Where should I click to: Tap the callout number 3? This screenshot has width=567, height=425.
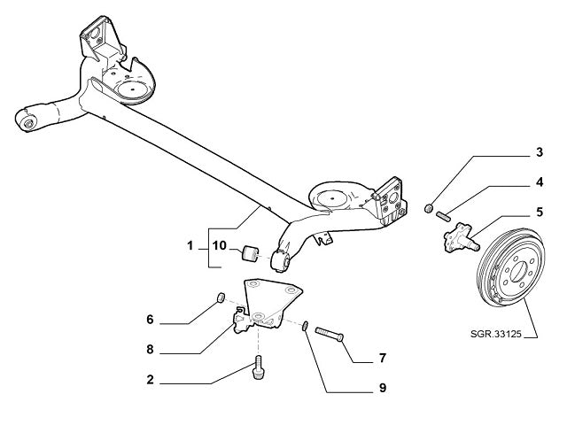pyautogui.click(x=540, y=153)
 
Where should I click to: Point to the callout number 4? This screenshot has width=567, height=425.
pyautogui.click(x=540, y=183)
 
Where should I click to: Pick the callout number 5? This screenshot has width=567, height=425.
pyautogui.click(x=540, y=212)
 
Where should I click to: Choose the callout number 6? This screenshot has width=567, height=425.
pyautogui.click(x=151, y=317)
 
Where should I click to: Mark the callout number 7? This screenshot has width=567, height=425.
pyautogui.click(x=382, y=359)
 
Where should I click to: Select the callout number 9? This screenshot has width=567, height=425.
pyautogui.click(x=382, y=387)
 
